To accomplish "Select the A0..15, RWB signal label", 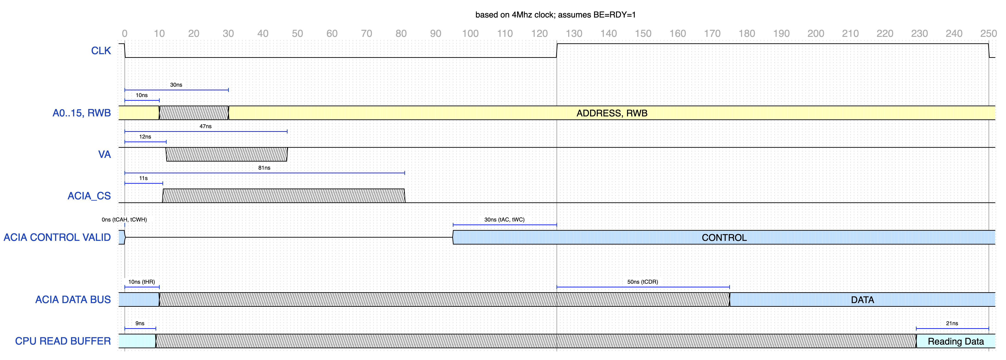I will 82,113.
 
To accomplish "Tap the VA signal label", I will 104,154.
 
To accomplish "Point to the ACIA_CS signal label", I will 89,196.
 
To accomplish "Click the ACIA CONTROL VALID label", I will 57,237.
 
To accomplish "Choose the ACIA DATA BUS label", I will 73,299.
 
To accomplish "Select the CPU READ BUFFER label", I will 63,341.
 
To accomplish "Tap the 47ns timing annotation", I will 206,126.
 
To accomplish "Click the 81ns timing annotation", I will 264,168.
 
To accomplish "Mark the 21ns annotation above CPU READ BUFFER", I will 952,323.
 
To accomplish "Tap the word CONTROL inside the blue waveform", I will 724,237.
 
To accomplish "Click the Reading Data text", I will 956,341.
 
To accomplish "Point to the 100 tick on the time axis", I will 470,34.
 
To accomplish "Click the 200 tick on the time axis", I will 816,34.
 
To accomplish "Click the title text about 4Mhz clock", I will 555,15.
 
